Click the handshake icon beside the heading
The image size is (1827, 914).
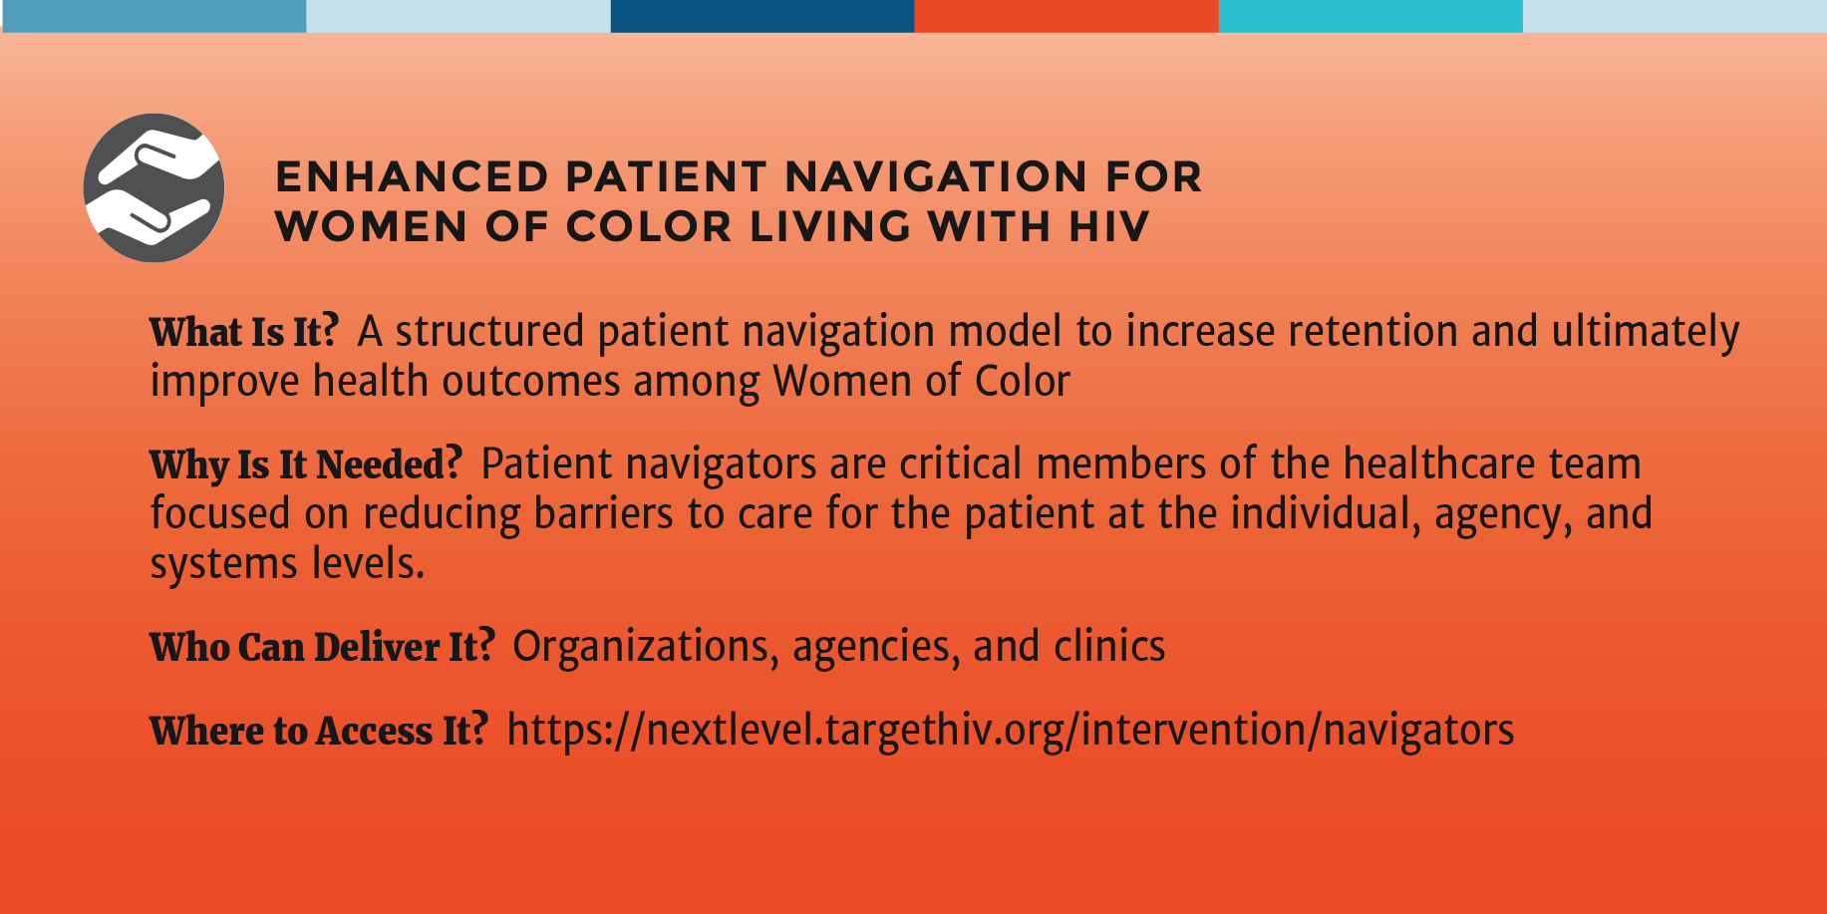[x=154, y=187]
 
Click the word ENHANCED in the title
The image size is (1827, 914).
[x=412, y=177]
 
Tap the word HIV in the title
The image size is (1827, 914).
[x=1109, y=227]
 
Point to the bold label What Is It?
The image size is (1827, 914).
[x=244, y=332]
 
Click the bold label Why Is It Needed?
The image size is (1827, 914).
[x=306, y=464]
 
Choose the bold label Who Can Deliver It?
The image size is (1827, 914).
[x=322, y=647]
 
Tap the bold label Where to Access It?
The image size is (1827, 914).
[x=319, y=731]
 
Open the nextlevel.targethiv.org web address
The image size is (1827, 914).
[x=1011, y=731]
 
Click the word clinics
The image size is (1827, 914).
[x=1109, y=647]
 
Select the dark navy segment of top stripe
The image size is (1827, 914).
[x=762, y=16]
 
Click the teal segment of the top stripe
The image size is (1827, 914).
[x=1370, y=16]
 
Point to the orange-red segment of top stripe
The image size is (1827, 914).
[x=1066, y=16]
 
